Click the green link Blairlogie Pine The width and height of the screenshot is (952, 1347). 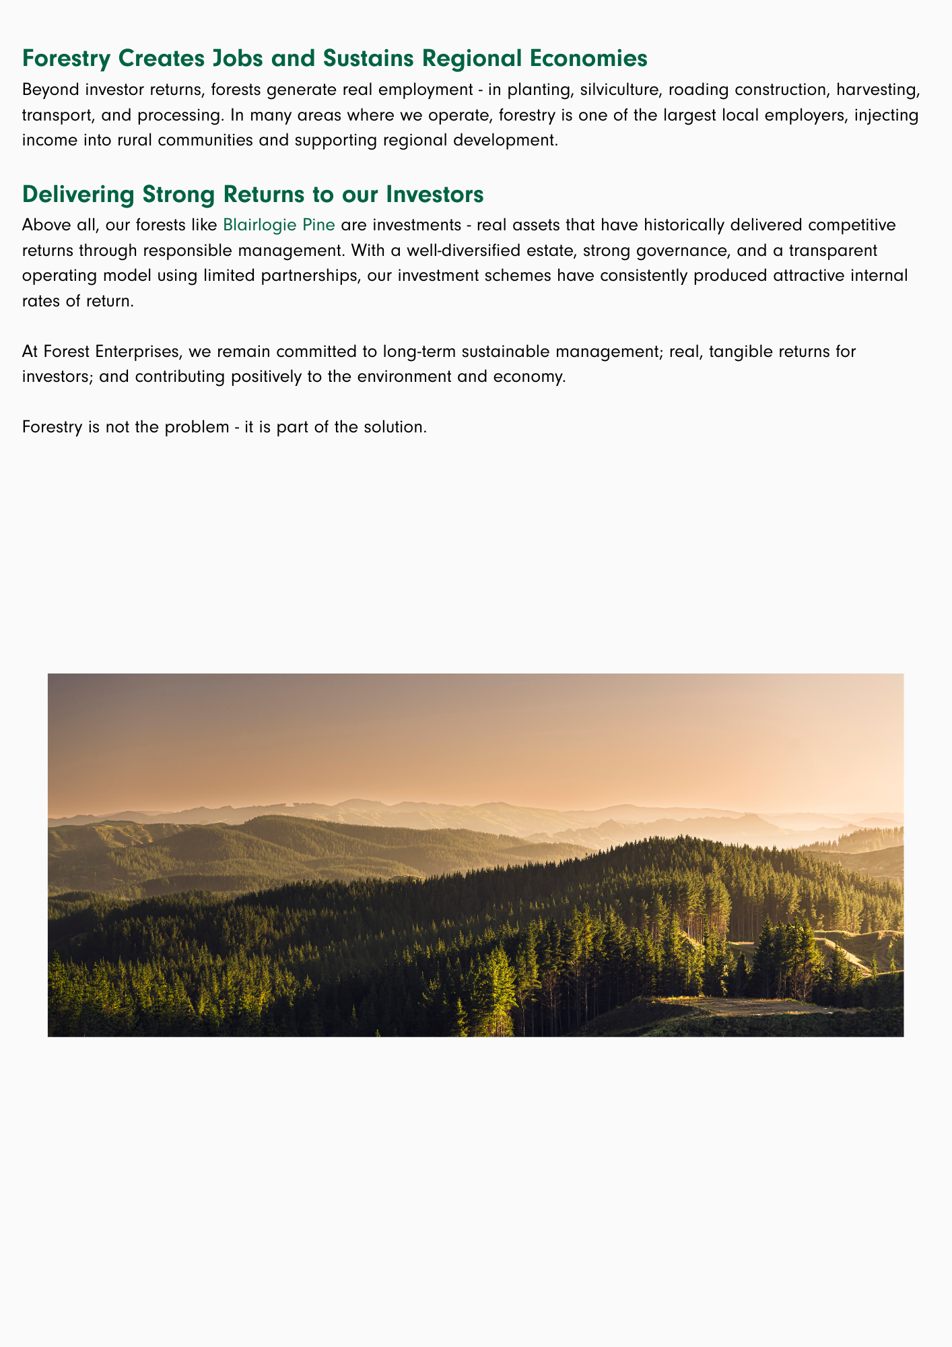click(x=279, y=224)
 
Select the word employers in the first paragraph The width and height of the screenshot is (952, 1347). click(x=764, y=115)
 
